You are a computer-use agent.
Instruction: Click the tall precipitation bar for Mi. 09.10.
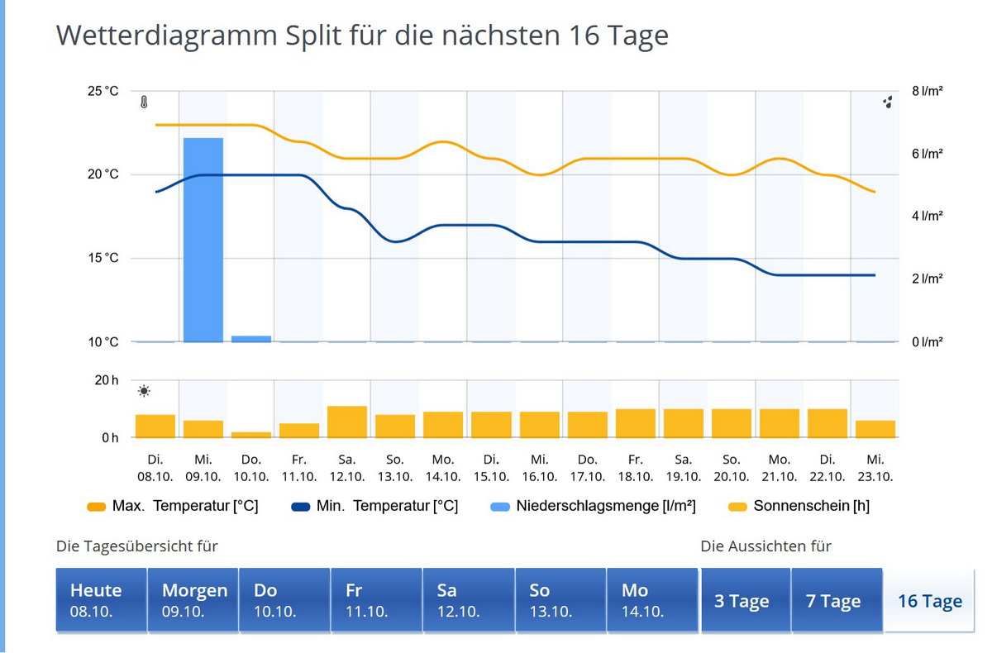point(203,240)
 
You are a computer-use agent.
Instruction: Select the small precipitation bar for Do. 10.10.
point(251,338)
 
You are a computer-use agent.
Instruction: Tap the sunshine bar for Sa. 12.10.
point(347,422)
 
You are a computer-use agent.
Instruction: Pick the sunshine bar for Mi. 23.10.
point(875,429)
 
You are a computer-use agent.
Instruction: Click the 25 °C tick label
point(103,91)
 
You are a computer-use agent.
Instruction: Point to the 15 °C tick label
point(103,258)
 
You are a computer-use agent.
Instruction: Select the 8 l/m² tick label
point(928,91)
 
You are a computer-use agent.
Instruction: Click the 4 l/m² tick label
point(928,217)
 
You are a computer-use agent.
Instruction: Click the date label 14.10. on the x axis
point(443,477)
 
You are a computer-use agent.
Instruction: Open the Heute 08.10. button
point(101,600)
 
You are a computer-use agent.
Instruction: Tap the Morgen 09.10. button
point(193,600)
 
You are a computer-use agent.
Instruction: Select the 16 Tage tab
point(929,601)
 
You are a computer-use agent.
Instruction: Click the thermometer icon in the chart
point(144,103)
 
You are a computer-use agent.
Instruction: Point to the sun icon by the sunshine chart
point(145,391)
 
